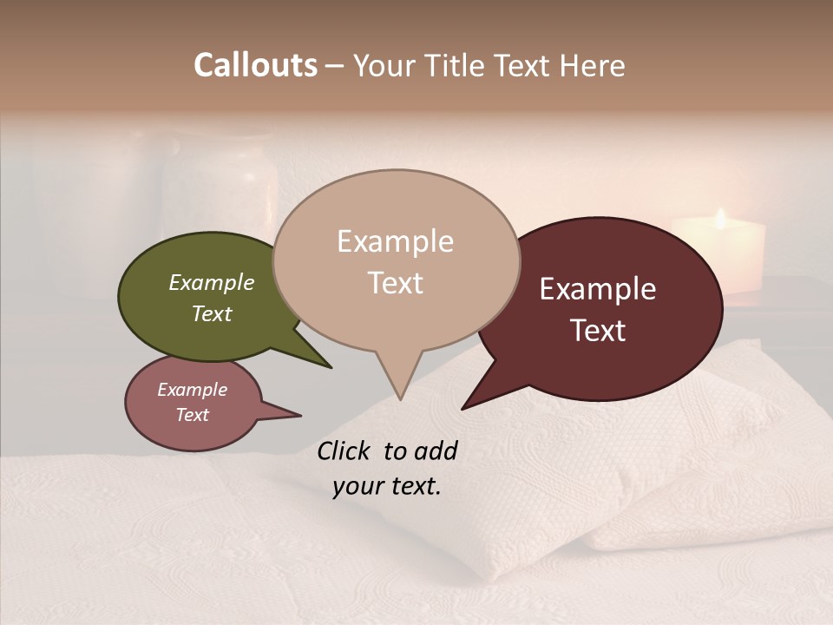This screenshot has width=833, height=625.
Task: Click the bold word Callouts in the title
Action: [255, 65]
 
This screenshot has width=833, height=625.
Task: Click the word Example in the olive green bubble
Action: [211, 282]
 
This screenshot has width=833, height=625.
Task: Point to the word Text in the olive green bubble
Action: [211, 313]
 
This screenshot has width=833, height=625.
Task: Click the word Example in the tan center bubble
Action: [395, 241]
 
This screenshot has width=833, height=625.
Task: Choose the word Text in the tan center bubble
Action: [395, 283]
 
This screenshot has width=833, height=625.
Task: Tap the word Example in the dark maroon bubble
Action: [598, 289]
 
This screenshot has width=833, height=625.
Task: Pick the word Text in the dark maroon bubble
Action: [598, 331]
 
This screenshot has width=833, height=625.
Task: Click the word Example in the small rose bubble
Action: [192, 390]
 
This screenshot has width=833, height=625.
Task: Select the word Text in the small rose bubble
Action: [192, 415]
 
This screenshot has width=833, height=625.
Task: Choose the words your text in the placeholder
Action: [386, 486]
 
